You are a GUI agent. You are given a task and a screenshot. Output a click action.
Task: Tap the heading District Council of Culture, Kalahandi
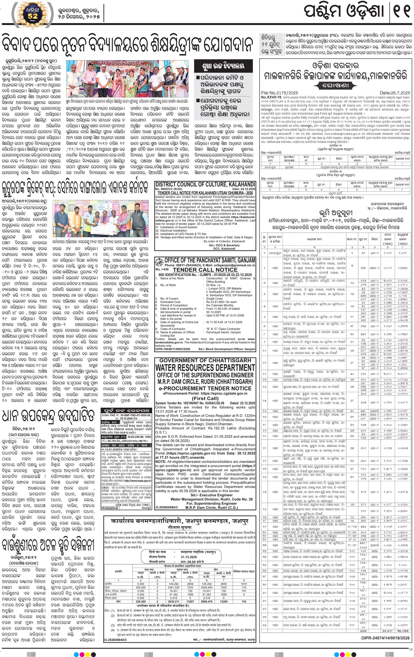[205, 185]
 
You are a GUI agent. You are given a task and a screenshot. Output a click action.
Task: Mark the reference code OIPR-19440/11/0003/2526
[173, 349]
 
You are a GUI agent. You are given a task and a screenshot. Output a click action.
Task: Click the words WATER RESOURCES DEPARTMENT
[205, 368]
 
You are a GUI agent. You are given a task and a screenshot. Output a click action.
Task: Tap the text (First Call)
[205, 398]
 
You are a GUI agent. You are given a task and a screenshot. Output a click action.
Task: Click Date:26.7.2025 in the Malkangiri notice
[395, 93]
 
